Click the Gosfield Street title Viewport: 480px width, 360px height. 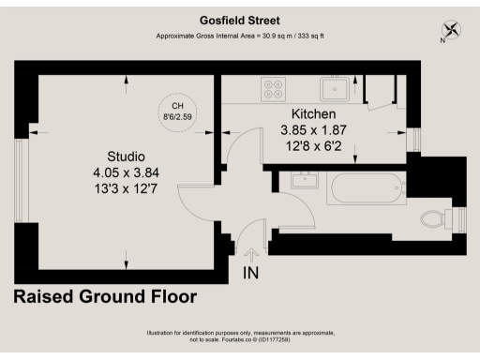pos(239,19)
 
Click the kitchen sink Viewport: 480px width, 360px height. pos(335,89)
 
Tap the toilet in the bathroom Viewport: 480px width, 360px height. pos(434,219)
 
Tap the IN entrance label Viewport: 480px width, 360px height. pos(251,273)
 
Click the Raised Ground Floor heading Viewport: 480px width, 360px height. pos(104,298)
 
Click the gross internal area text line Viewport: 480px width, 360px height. pos(239,37)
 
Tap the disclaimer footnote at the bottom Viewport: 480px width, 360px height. pos(239,337)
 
